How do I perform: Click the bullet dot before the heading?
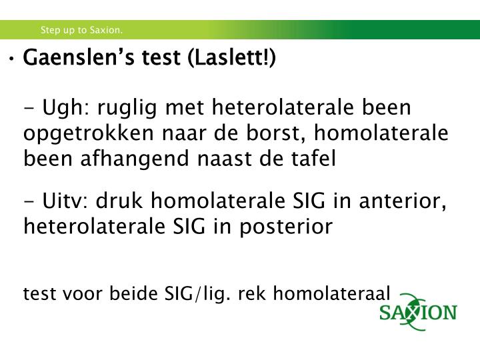pyautogui.click(x=13, y=59)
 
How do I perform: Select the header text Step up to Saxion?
pyautogui.click(x=81, y=30)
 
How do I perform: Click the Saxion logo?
pyautogui.click(x=418, y=312)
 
